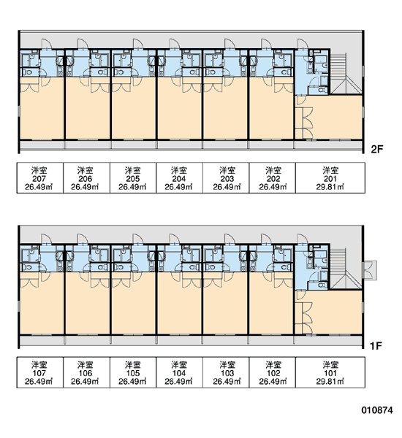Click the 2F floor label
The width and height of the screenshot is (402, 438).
coord(376,150)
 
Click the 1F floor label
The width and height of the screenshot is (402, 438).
coord(376,346)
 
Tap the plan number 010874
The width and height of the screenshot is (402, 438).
coord(377,410)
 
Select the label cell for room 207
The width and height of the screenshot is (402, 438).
coord(40,177)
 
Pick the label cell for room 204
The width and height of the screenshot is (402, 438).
coord(179,177)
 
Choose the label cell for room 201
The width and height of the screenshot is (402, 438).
coord(330,177)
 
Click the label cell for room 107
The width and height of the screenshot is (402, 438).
coord(40,372)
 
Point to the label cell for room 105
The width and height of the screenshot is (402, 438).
coord(133,372)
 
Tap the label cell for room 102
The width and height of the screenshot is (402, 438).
coord(272,372)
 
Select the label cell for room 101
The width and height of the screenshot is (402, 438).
coord(330,372)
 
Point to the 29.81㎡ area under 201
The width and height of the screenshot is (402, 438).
coord(330,187)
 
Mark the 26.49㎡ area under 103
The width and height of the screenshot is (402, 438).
coord(227,381)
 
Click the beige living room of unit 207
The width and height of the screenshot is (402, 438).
coord(42,112)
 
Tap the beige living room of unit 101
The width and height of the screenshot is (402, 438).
coord(335,312)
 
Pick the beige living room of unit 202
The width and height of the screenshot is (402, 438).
coord(270,112)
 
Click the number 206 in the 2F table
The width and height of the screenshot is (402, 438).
coord(86,179)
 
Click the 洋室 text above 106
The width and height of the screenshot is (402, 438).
coord(86,365)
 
